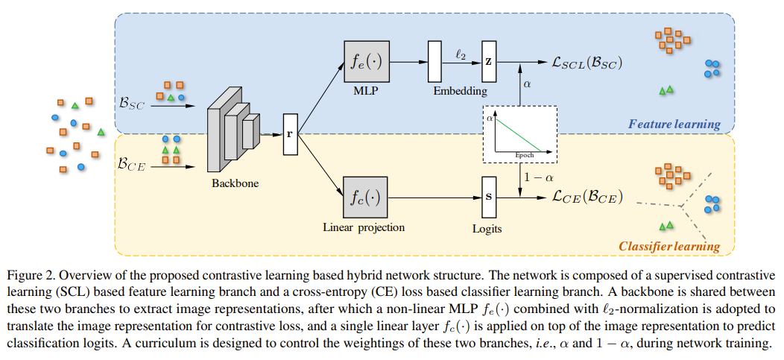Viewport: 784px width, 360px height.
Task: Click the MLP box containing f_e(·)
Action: (366, 62)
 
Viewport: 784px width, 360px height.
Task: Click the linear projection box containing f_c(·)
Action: (366, 198)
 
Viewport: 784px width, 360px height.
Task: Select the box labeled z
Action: (488, 62)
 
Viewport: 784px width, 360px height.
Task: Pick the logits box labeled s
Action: (488, 198)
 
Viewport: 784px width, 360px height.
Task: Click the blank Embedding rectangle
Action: (434, 62)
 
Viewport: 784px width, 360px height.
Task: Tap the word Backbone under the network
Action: (234, 181)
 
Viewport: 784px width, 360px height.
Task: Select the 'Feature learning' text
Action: (674, 124)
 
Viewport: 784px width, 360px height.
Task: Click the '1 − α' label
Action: (538, 177)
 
